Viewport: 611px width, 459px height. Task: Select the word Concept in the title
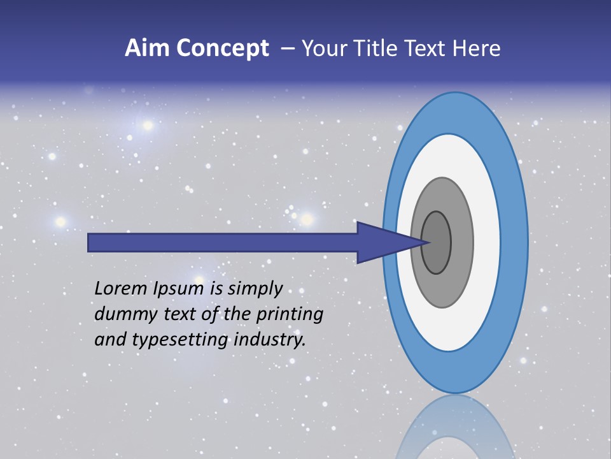coord(223,48)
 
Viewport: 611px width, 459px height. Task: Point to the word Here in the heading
coord(477,48)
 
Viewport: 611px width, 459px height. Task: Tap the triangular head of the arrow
coord(382,242)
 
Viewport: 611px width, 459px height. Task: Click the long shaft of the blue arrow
coord(223,242)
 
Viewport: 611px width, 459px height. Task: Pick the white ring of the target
coord(486,242)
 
